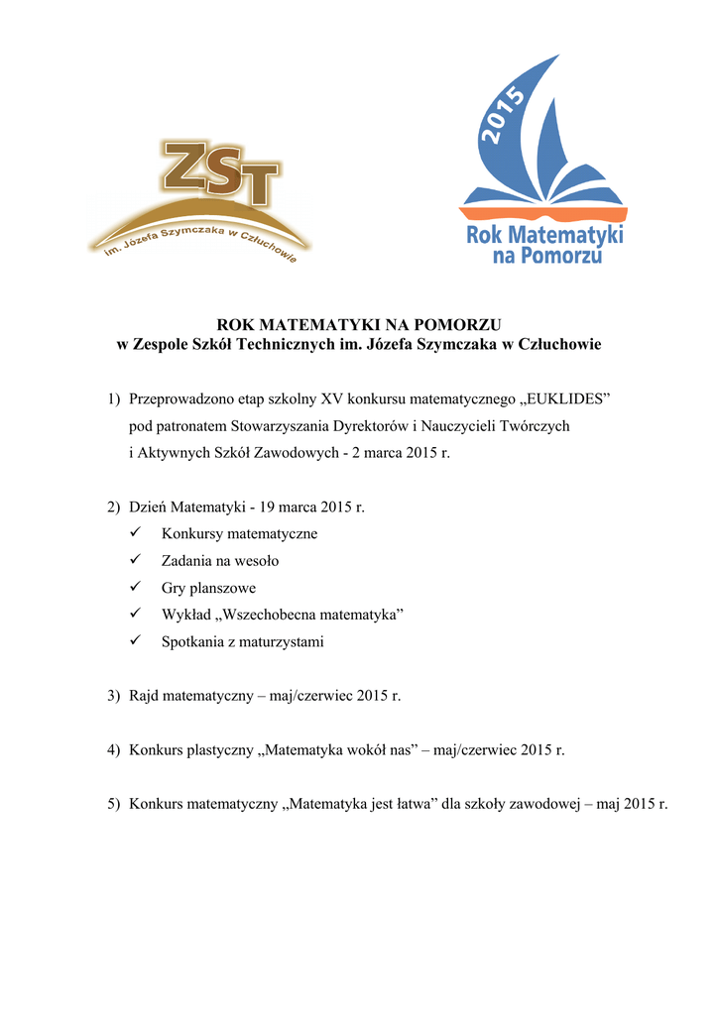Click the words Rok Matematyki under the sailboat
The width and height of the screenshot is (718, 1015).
[544, 236]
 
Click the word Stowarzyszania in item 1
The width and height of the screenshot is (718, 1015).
[283, 426]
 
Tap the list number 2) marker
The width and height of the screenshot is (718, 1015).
[114, 507]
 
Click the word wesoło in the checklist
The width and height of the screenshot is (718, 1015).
[256, 561]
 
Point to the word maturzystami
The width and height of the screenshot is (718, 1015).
[282, 642]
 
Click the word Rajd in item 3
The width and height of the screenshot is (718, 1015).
[144, 697]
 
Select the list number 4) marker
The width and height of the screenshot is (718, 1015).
[114, 750]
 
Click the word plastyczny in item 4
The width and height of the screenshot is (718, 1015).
[220, 750]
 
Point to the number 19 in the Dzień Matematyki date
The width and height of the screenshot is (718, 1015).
[266, 507]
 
